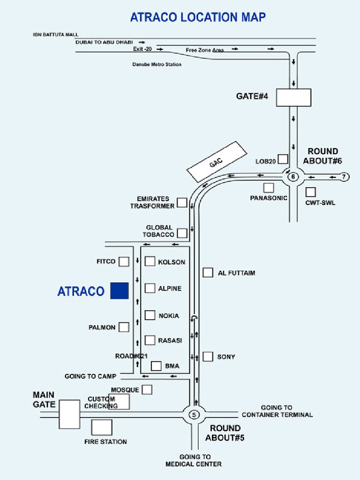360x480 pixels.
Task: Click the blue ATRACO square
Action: [119, 291]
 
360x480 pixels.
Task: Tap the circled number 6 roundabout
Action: [293, 177]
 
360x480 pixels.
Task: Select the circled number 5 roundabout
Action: [194, 414]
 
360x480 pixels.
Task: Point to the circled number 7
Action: [344, 177]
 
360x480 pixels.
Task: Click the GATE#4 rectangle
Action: [293, 97]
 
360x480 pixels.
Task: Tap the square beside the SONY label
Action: [208, 357]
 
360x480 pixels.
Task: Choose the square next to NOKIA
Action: [150, 315]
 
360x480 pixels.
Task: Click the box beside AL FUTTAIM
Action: [208, 272]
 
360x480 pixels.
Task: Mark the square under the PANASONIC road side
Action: [268, 187]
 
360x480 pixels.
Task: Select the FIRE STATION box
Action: [102, 427]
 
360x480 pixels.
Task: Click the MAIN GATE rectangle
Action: [69, 414]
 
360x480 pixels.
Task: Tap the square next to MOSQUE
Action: [147, 390]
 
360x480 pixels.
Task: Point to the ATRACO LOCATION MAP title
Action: [198, 17]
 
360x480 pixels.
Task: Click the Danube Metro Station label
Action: [157, 64]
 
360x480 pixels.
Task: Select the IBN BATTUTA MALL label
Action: [56, 35]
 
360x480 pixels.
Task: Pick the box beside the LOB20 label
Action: [283, 159]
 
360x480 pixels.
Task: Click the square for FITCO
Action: [124, 262]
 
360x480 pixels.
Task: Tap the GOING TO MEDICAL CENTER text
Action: [193, 460]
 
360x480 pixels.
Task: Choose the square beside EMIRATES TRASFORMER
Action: [182, 202]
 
